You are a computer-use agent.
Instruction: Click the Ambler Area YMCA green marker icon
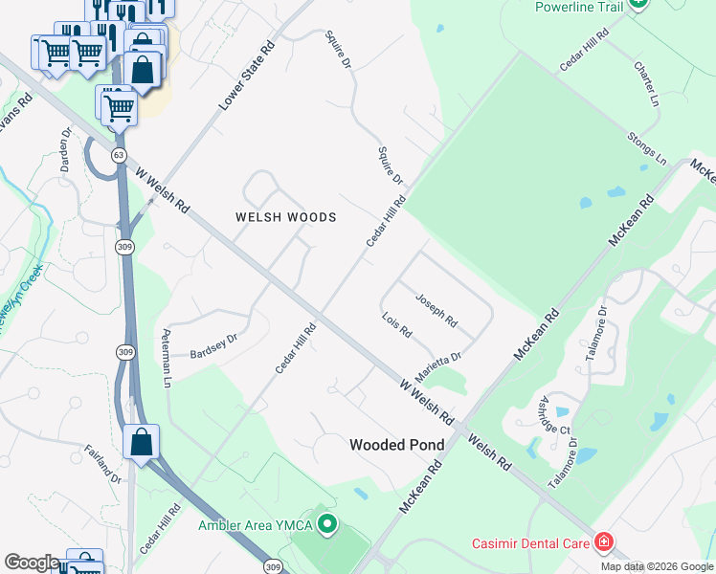point(328,524)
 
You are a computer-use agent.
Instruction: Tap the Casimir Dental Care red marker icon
point(603,543)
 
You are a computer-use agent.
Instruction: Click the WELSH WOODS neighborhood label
point(286,217)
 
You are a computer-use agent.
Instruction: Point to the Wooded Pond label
point(396,445)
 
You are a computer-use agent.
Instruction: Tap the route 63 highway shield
point(119,154)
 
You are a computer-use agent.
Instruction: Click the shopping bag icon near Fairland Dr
point(142,442)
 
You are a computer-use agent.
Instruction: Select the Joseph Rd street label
point(436,310)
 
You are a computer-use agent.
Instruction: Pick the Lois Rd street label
point(396,325)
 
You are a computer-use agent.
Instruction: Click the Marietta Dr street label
point(438,364)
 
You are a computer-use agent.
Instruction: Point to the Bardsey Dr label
point(213,342)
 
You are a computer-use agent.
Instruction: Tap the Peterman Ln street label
point(168,356)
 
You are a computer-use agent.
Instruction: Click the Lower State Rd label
point(246,75)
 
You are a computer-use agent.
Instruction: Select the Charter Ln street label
point(647,84)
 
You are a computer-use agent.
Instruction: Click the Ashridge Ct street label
point(555,414)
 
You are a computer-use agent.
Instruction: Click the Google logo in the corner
point(32,563)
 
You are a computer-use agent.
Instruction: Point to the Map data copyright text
point(657,566)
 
